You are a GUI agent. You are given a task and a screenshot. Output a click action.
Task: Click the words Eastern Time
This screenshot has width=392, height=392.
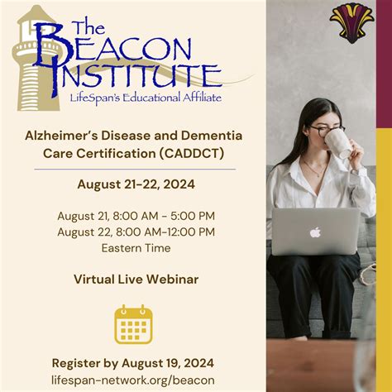click(x=136, y=247)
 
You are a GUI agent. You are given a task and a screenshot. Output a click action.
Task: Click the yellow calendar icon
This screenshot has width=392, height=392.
click(x=133, y=324)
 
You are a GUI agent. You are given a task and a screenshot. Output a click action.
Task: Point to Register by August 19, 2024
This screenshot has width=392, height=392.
click(x=133, y=363)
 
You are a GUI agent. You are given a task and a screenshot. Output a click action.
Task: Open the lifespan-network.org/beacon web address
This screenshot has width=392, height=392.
click(x=133, y=380)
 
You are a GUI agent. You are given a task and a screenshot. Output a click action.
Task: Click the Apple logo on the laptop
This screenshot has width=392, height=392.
click(x=315, y=232)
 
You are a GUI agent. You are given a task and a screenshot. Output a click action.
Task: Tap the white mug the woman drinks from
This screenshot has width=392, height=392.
click(x=337, y=142)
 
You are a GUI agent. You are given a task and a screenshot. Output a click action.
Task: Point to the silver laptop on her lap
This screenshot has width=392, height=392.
click(x=315, y=232)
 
